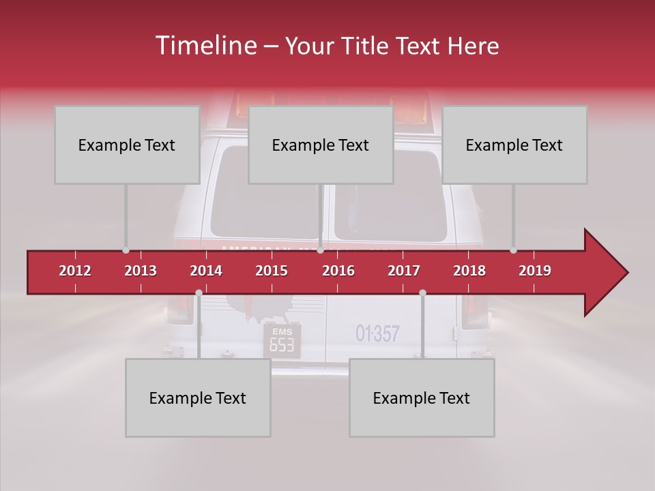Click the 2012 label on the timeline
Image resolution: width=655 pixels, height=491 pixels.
75,271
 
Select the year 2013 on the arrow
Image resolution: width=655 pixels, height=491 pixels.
141,271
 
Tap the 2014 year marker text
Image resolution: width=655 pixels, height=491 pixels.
206,271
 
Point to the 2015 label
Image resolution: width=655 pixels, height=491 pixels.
272,271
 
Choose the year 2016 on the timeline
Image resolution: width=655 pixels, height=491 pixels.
338,271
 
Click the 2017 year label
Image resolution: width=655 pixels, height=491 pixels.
404,271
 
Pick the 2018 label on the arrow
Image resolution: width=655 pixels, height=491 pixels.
469,271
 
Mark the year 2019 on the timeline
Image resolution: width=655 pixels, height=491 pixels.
535,271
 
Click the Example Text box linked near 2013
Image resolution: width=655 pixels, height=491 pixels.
127,145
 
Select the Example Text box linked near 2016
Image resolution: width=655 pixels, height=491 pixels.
321,145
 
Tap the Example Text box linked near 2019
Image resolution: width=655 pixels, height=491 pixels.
514,145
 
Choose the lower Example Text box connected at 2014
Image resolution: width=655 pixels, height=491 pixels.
198,398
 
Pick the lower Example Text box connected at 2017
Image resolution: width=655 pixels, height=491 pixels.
422,398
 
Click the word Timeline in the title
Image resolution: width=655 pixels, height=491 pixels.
205,46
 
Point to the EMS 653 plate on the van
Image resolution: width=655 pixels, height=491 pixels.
282,340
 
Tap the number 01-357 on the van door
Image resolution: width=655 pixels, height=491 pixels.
377,333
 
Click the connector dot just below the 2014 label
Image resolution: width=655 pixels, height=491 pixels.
199,293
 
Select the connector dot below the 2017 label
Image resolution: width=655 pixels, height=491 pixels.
422,293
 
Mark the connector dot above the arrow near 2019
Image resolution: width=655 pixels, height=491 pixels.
514,250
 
